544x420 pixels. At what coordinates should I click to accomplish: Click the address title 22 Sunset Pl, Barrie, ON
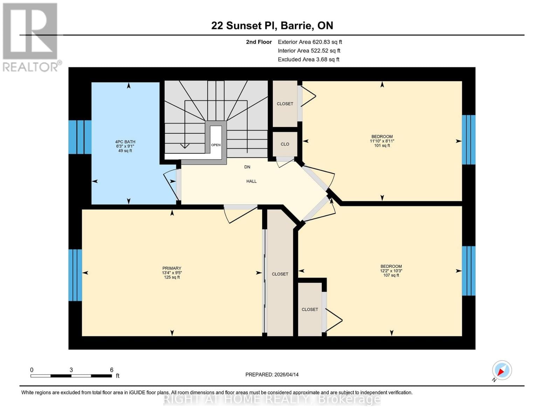(272, 26)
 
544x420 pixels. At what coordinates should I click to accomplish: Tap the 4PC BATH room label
(125, 142)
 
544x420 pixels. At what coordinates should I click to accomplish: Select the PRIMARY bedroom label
(172, 268)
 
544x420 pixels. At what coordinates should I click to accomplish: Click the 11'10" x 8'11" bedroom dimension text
(382, 141)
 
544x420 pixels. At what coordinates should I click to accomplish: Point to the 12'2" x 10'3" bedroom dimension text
(391, 271)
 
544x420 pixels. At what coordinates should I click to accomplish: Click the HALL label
(251, 181)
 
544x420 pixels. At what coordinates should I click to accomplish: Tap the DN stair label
(247, 167)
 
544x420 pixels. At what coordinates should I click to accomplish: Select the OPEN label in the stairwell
(216, 145)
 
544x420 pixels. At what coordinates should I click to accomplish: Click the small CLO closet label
(285, 144)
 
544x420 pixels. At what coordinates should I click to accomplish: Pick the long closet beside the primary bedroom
(280, 274)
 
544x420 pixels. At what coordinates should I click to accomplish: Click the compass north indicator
(502, 370)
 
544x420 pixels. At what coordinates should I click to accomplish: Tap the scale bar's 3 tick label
(71, 370)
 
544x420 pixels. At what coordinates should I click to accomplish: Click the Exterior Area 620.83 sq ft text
(310, 42)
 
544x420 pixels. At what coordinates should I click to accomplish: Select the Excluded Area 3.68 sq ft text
(308, 59)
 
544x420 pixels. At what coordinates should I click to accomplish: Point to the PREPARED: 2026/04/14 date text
(272, 374)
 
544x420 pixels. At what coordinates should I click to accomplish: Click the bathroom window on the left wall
(80, 137)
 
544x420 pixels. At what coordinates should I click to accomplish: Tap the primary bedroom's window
(75, 275)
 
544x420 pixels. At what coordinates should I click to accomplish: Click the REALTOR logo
(31, 37)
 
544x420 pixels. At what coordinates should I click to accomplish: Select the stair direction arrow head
(185, 146)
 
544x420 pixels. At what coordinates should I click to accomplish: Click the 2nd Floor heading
(259, 42)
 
